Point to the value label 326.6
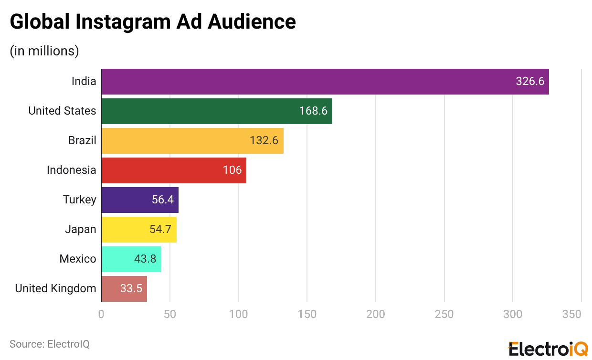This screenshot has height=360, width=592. point(530,82)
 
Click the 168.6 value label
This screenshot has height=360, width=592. point(313,111)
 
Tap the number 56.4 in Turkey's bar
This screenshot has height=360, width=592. point(163,200)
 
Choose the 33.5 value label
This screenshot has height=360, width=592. point(131,289)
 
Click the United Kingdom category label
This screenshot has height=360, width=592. point(55,288)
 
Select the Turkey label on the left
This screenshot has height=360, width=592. point(79,200)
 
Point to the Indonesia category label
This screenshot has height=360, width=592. point(71,170)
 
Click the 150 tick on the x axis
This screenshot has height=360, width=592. point(307,314)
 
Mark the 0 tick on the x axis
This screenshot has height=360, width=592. point(101,314)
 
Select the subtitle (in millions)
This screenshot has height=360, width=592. point(44,51)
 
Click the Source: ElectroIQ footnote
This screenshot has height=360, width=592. point(50,344)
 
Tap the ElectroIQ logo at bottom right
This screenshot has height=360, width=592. point(548,349)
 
